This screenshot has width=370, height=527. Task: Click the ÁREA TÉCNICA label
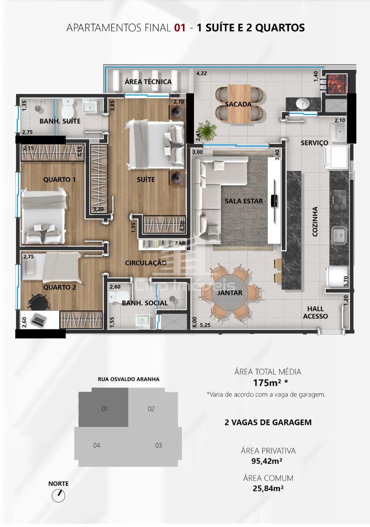click(x=148, y=82)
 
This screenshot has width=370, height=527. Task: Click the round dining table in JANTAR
click(x=229, y=292)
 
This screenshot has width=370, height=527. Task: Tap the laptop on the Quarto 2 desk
click(x=39, y=319)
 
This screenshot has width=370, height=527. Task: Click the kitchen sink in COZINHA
click(x=339, y=235)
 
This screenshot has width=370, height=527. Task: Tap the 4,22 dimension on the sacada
click(x=201, y=73)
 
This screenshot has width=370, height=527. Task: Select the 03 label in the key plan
click(x=159, y=445)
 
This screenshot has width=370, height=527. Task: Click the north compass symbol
click(x=58, y=496)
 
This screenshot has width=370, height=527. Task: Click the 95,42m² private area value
click(x=267, y=461)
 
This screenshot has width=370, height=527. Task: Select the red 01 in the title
click(x=180, y=28)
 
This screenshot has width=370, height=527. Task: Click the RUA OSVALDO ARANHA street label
click(x=129, y=379)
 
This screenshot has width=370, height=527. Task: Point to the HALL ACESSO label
click(x=315, y=312)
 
